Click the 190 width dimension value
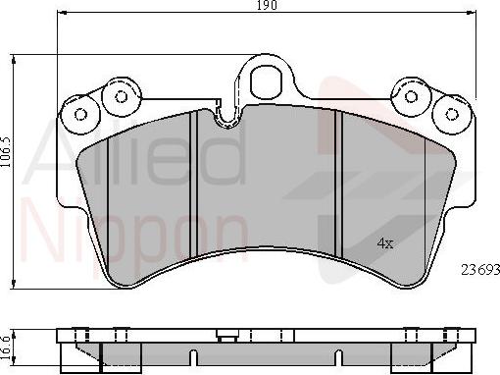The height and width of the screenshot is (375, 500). [x=268, y=6]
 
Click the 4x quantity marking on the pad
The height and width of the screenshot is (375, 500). [x=385, y=242]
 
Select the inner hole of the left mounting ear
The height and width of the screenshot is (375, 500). [x=122, y=96]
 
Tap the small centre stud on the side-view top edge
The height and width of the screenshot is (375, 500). [x=228, y=335]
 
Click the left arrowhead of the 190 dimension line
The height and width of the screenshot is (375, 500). [x=62, y=15]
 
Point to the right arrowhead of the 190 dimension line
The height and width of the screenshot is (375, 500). [x=473, y=15]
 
